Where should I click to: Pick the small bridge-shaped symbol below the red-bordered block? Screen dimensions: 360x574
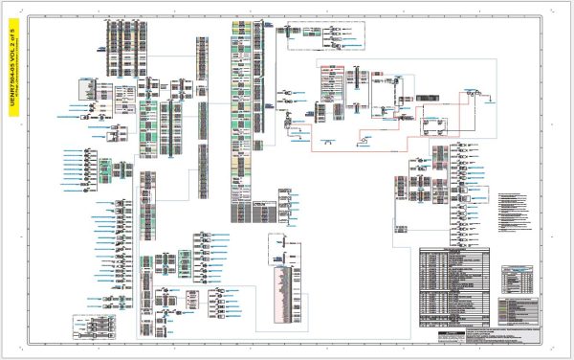(323, 144)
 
